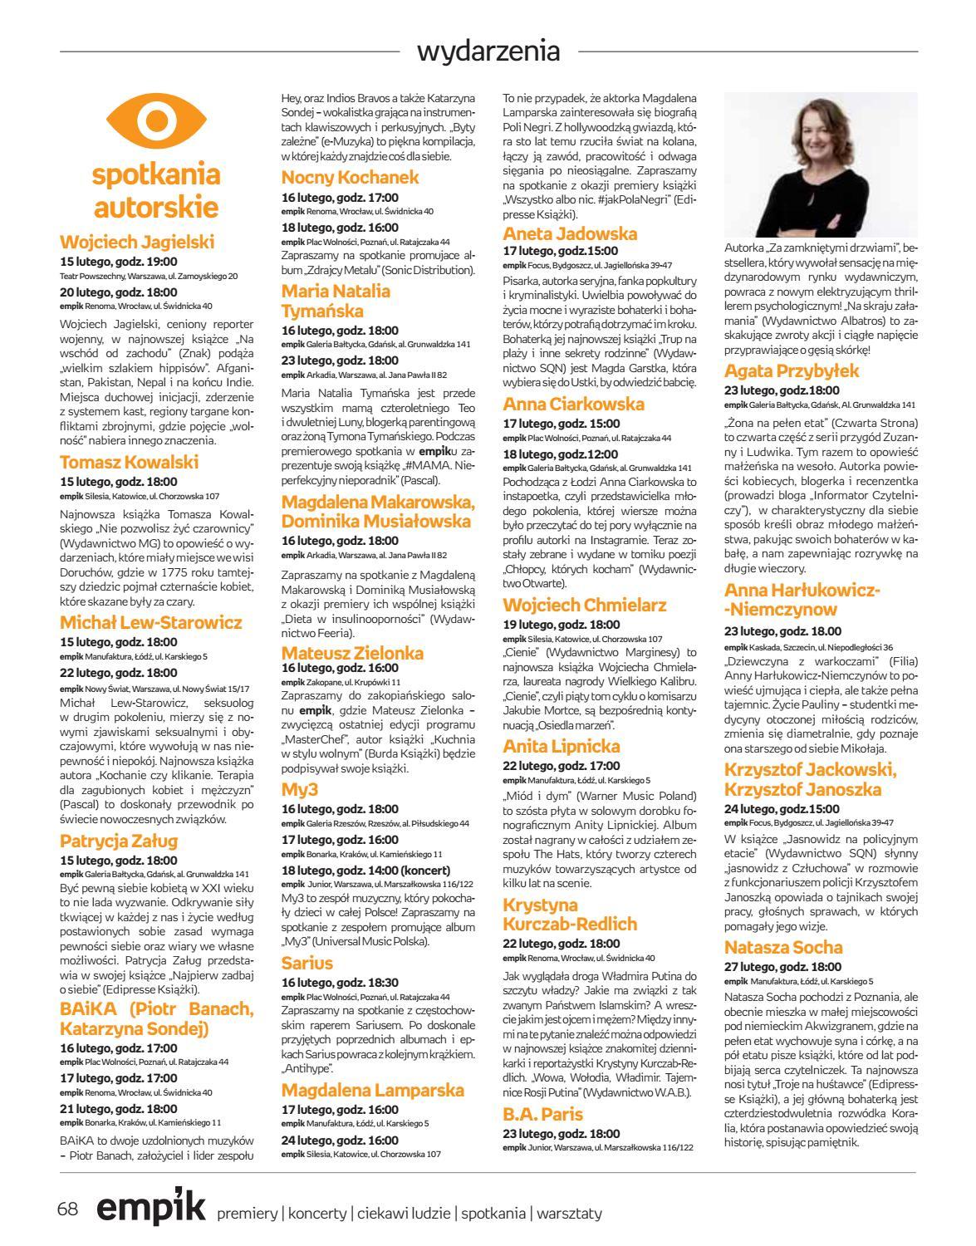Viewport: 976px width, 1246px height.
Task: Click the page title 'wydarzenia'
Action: point(488,52)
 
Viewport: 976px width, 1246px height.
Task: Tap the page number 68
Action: point(67,1209)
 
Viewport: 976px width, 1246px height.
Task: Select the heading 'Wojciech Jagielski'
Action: point(137,242)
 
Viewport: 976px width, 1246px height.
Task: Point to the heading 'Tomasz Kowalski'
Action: point(130,462)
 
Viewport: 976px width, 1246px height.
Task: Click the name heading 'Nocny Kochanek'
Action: point(350,177)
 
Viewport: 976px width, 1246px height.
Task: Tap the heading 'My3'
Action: point(300,789)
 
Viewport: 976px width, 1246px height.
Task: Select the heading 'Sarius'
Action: point(307,963)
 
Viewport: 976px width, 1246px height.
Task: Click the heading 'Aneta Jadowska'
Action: point(570,233)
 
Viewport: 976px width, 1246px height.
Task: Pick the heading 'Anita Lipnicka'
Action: point(562,746)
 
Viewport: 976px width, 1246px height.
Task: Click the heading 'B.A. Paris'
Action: point(543,1114)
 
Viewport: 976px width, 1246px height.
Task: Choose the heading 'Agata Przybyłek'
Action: point(792,370)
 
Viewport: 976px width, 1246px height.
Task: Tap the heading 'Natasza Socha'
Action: point(783,947)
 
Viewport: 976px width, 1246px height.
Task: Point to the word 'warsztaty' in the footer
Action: point(569,1213)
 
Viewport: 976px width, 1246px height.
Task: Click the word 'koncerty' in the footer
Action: point(316,1213)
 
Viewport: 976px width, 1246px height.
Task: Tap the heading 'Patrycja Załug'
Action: point(119,841)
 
